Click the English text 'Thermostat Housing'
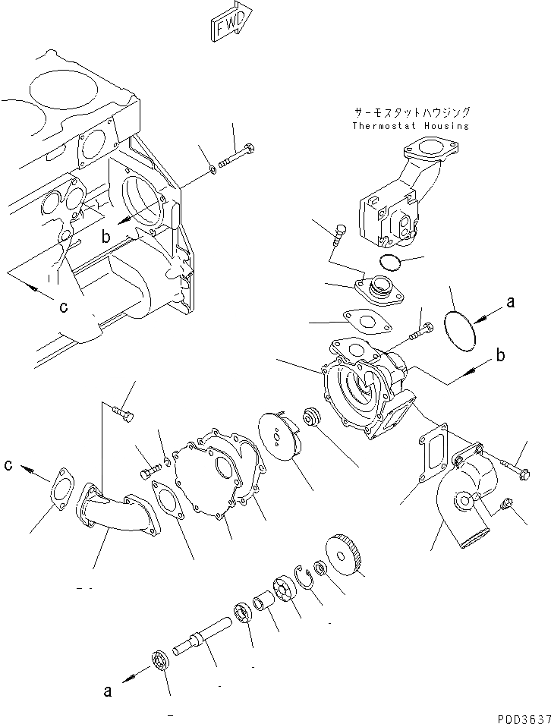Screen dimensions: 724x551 click(x=411, y=125)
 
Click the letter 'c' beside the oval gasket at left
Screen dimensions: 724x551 click(x=8, y=465)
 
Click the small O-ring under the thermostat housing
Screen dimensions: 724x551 click(x=391, y=263)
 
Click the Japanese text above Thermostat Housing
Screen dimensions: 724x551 click(x=411, y=112)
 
